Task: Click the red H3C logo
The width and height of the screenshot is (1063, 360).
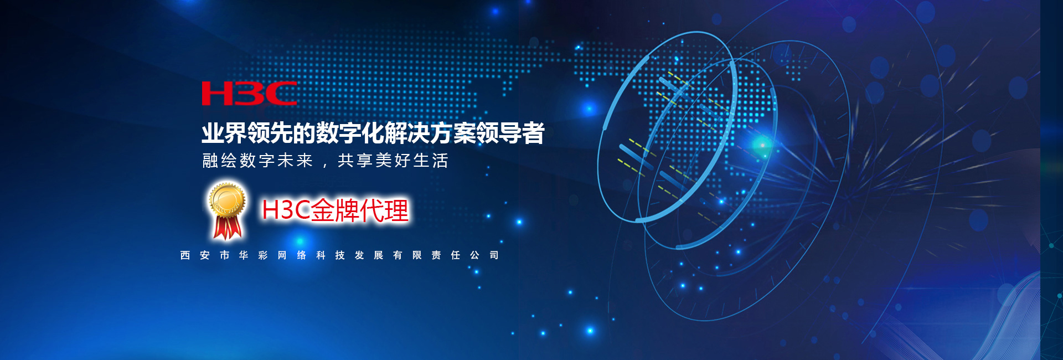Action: click(249, 94)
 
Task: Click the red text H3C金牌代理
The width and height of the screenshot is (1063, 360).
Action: click(335, 210)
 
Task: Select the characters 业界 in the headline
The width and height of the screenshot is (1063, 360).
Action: click(224, 133)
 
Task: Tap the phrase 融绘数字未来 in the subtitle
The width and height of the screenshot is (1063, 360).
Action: click(258, 161)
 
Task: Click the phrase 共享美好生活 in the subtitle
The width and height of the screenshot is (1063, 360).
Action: click(393, 161)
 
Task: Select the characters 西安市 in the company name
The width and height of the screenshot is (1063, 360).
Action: click(205, 255)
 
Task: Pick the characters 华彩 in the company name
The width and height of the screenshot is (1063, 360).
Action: click(253, 255)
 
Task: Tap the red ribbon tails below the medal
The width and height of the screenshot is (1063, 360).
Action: click(228, 228)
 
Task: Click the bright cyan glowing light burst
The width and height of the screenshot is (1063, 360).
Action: click(762, 145)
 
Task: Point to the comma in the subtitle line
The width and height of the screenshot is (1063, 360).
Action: click(325, 165)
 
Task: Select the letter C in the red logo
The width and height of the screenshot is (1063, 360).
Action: click(281, 94)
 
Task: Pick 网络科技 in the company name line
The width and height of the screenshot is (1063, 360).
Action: click(311, 255)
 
